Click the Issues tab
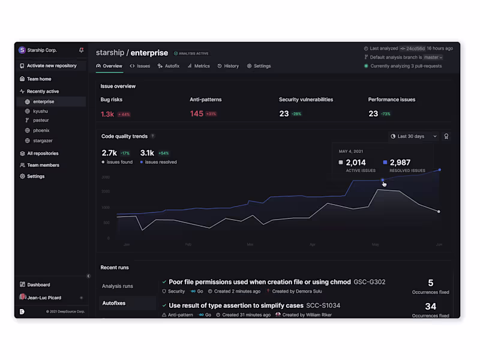pyautogui.click(x=140, y=66)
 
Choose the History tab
pyautogui.click(x=228, y=66)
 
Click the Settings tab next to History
pyautogui.click(x=259, y=66)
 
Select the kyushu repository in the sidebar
pyautogui.click(x=41, y=111)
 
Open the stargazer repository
pyautogui.click(x=44, y=140)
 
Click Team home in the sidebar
pyautogui.click(x=39, y=79)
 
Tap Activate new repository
pyautogui.click(x=51, y=66)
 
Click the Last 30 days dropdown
pyautogui.click(x=414, y=136)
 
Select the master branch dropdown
pyautogui.click(x=433, y=57)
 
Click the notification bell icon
pyautogui.click(x=82, y=50)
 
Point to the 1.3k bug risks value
pyautogui.click(x=107, y=114)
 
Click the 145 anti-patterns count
pyautogui.click(x=197, y=114)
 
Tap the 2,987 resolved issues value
pyautogui.click(x=400, y=163)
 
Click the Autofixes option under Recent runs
pyautogui.click(x=114, y=303)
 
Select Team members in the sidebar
pyautogui.click(x=43, y=165)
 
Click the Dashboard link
pyautogui.click(x=38, y=285)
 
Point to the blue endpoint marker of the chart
pyautogui.click(x=440, y=170)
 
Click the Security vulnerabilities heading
pyautogui.click(x=306, y=100)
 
